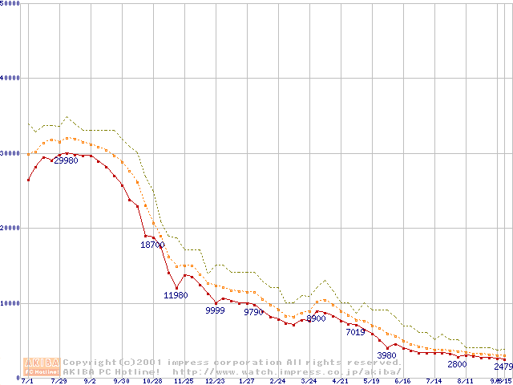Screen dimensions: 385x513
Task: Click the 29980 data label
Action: [66, 160]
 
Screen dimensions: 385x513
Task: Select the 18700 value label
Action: [153, 245]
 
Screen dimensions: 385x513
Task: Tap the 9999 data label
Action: [215, 310]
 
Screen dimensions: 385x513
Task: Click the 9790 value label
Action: [254, 312]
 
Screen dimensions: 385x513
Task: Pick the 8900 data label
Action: [316, 318]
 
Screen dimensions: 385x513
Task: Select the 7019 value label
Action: [355, 331]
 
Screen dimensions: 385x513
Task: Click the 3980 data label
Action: [386, 355]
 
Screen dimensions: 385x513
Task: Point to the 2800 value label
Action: [457, 364]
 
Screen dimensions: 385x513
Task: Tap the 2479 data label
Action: [503, 367]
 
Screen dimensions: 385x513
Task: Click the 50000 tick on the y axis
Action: [10, 3]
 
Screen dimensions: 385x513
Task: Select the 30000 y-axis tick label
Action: [10, 153]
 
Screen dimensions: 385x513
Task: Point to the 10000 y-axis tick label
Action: [10, 303]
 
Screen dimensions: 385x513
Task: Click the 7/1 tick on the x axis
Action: [28, 381]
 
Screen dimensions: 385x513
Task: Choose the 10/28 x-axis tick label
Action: [152, 381]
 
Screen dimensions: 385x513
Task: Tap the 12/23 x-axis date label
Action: [215, 381]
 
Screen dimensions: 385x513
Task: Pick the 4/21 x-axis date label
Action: [340, 381]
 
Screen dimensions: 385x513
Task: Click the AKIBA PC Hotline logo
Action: [42, 366]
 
